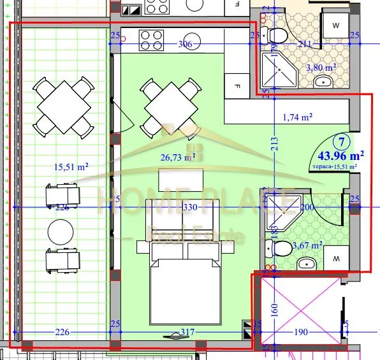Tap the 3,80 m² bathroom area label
[321, 67]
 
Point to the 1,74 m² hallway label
[297, 117]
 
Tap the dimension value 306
[186, 44]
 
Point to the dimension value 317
[189, 332]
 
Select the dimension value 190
[301, 332]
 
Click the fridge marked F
[237, 85]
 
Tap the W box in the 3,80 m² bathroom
[336, 26]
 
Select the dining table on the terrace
[62, 105]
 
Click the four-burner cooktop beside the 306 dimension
[151, 40]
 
